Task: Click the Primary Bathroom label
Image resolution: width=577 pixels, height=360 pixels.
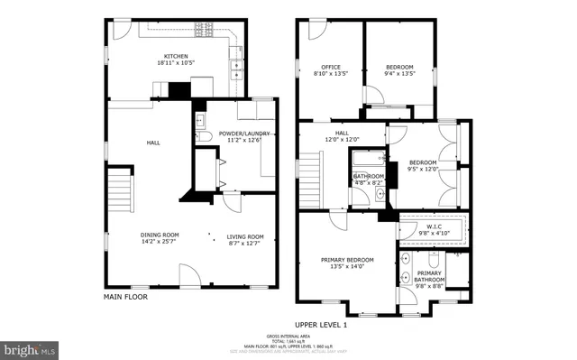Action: pyautogui.click(x=429, y=276)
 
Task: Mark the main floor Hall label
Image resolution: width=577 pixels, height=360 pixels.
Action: pyautogui.click(x=153, y=142)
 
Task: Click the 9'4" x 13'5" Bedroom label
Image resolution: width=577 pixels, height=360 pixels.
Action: pyautogui.click(x=399, y=69)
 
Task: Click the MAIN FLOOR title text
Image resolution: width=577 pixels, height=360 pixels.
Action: pyautogui.click(x=125, y=295)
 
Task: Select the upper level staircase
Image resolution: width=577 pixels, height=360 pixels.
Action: pyautogui.click(x=309, y=172)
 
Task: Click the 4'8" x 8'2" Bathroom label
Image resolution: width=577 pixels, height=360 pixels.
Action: pyautogui.click(x=368, y=179)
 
